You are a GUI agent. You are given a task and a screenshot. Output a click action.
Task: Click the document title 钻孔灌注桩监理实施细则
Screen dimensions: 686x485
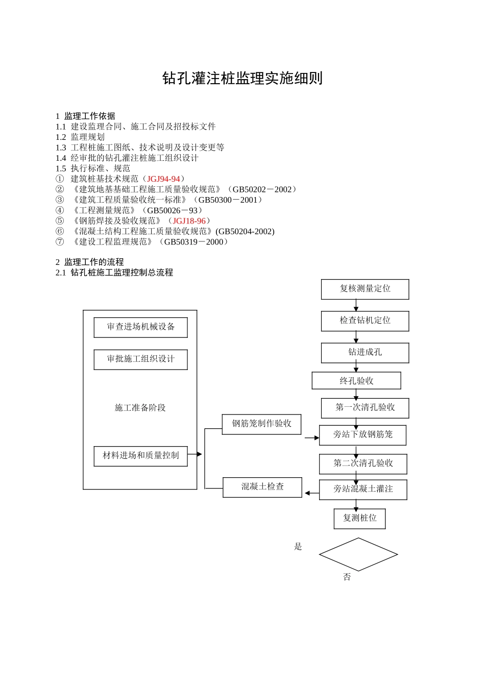click(x=243, y=79)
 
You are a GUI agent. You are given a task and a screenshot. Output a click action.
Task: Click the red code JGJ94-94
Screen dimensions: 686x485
click(x=163, y=179)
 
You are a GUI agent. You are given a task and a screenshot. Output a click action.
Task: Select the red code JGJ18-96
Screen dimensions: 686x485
click(x=189, y=221)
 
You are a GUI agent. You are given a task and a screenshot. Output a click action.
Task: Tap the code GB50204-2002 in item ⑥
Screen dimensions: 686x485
click(x=245, y=232)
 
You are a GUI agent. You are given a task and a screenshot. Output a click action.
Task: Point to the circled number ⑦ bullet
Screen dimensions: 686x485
click(x=60, y=242)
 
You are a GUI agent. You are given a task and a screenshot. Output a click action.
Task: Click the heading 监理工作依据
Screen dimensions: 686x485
click(x=90, y=116)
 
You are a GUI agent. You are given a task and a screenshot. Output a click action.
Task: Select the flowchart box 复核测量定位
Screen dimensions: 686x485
click(x=365, y=289)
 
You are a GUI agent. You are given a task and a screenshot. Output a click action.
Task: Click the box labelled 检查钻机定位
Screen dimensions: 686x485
click(x=365, y=321)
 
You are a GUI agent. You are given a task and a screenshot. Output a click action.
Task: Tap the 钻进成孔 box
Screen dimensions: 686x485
click(x=365, y=352)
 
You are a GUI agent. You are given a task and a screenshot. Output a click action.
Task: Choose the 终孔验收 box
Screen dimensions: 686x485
click(x=356, y=381)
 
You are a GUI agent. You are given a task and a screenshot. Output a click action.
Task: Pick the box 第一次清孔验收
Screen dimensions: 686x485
click(x=365, y=408)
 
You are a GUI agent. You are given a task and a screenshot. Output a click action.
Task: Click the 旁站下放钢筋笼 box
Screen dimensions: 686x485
click(x=363, y=435)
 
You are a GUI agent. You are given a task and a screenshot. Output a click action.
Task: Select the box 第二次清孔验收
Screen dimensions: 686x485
click(x=363, y=463)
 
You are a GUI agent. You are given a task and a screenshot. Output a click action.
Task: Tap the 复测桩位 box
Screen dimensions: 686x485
click(x=360, y=519)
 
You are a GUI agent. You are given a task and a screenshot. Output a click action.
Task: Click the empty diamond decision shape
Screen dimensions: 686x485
click(x=358, y=554)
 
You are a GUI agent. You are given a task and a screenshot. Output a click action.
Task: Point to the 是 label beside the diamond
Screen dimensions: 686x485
click(x=298, y=547)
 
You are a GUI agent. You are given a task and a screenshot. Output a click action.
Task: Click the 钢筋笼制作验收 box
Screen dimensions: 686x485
click(x=261, y=424)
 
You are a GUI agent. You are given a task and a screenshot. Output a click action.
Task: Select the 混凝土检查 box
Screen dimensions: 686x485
click(x=262, y=487)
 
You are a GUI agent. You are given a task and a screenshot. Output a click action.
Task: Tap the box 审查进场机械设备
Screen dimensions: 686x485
click(x=140, y=327)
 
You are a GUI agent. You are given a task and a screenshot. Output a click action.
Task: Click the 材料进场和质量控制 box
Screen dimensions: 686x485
click(x=140, y=456)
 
